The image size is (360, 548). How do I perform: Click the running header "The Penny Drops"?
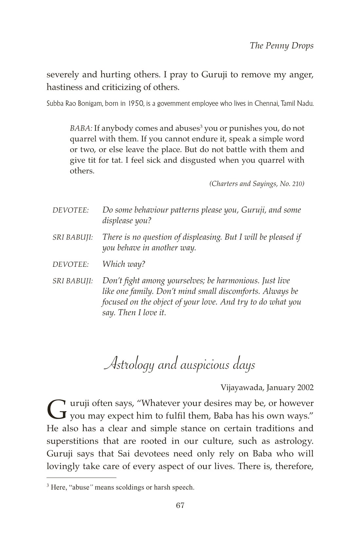[x=281, y=46]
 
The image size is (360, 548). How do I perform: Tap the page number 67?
[x=180, y=515]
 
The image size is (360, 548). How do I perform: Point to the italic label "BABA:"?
[x=81, y=128]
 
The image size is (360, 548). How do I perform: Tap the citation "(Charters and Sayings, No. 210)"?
[x=257, y=184]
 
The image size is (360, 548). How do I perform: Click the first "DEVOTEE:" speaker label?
[x=71, y=210]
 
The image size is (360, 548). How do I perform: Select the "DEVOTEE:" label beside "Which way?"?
[x=71, y=264]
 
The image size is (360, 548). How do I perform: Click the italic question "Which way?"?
[x=124, y=264]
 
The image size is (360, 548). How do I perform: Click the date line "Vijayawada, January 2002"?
[x=267, y=388]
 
